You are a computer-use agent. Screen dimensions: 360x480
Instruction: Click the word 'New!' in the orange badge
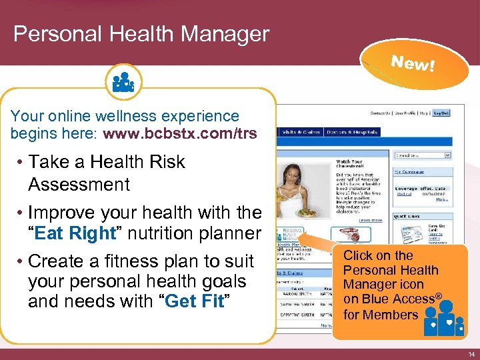click(413, 64)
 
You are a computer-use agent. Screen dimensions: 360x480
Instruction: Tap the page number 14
click(471, 354)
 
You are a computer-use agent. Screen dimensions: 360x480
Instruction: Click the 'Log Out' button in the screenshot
click(441, 113)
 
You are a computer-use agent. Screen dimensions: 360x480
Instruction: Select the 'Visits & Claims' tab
click(302, 132)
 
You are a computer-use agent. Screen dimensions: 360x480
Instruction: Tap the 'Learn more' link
click(371, 220)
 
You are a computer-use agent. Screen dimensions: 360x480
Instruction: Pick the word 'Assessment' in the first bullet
click(79, 184)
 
